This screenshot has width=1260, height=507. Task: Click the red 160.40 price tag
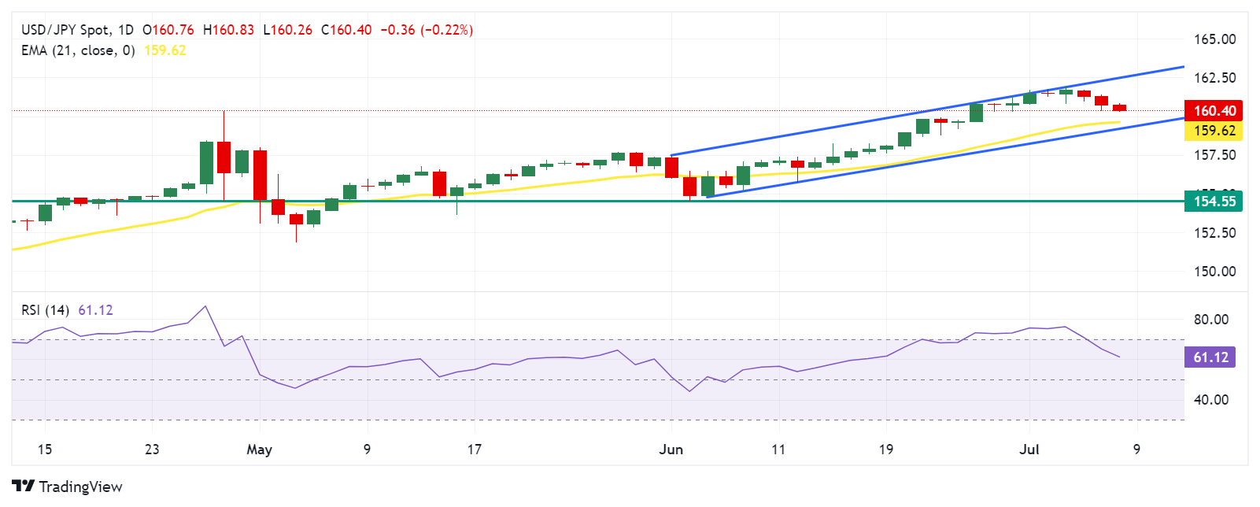[1214, 111]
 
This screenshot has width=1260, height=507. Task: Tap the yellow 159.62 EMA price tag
[1214, 131]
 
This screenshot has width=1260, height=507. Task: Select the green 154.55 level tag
[1214, 202]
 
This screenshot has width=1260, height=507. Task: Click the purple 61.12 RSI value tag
[1210, 357]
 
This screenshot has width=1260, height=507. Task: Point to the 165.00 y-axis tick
[1214, 39]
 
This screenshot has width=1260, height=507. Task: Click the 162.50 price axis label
[1214, 78]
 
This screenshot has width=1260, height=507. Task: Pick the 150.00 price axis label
[1214, 272]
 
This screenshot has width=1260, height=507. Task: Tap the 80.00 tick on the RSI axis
[1210, 320]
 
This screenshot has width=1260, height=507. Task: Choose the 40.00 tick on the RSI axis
[1210, 400]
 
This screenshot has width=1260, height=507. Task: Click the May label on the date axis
[259, 450]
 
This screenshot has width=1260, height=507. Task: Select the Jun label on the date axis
[671, 450]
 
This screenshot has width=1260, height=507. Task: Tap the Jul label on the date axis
[1029, 450]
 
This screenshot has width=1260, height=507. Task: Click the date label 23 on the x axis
[152, 450]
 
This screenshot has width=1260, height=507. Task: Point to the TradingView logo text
[79, 487]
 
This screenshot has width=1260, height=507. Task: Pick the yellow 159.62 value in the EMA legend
[165, 50]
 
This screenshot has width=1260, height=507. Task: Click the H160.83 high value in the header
[228, 30]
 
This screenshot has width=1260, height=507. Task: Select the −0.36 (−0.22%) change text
[427, 30]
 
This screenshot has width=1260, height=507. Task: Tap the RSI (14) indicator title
[45, 310]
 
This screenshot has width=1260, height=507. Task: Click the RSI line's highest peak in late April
[205, 306]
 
